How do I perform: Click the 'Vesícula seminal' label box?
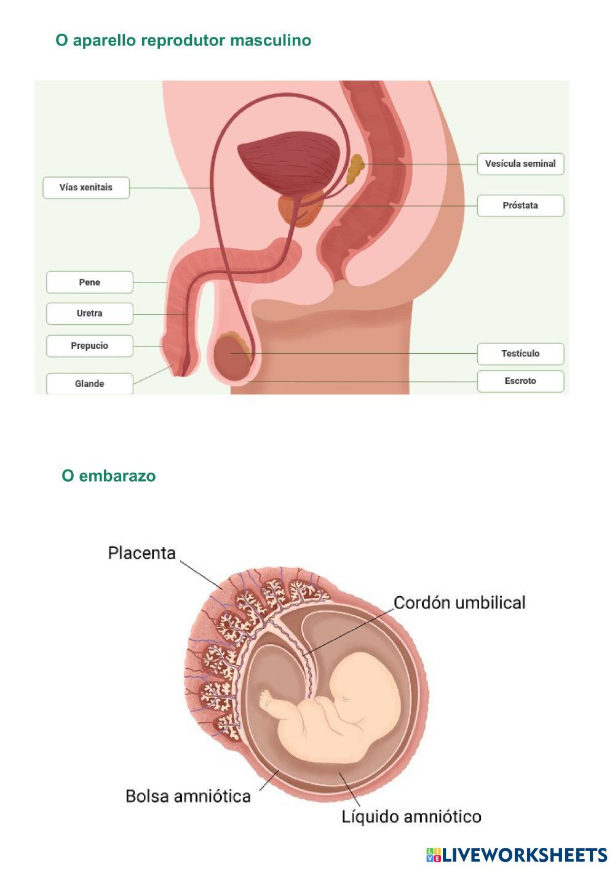520,164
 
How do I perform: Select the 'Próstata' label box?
520,206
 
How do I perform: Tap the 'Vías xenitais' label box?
86,188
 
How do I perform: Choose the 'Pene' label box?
90,282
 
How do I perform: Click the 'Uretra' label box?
90,313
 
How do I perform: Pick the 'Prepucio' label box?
90,346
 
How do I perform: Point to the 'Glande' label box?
90,383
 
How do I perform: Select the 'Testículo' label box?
520,353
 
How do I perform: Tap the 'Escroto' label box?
520,381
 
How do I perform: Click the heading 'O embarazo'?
108,476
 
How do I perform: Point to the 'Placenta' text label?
141,553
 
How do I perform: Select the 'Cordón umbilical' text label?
459,602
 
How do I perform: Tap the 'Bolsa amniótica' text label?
188,796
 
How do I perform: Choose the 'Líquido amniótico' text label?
411,817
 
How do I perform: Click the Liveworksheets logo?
517,855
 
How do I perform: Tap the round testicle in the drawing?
232,358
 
